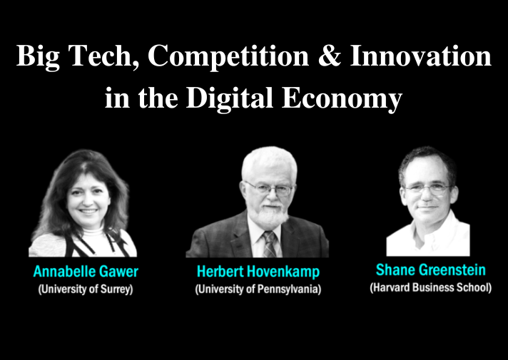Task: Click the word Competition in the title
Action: click(x=228, y=56)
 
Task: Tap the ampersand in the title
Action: click(x=330, y=56)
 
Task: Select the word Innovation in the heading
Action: click(x=420, y=56)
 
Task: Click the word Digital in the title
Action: click(x=230, y=98)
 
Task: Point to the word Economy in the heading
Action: click(x=342, y=98)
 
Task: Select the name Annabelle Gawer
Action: click(x=86, y=272)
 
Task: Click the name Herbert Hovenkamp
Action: click(x=258, y=272)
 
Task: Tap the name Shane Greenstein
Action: click(x=430, y=270)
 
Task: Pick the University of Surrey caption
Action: click(x=86, y=289)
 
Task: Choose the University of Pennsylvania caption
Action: click(x=258, y=289)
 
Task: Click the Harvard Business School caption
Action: click(x=430, y=287)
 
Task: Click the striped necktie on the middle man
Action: click(x=270, y=244)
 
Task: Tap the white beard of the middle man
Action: click(x=270, y=215)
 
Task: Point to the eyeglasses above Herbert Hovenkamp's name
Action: click(x=270, y=188)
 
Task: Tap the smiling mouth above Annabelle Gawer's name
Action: click(x=88, y=211)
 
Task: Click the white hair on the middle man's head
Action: click(x=269, y=162)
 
